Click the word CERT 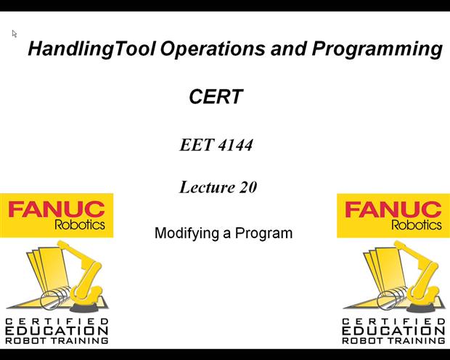point(215,97)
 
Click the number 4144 point(235,144)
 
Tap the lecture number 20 point(247,187)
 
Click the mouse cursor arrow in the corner point(14,33)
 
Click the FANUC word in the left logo point(57,210)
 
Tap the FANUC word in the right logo point(393,210)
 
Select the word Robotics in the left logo point(79,225)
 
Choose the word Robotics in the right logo point(416,225)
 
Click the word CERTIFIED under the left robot point(57,321)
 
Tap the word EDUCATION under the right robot point(393,330)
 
